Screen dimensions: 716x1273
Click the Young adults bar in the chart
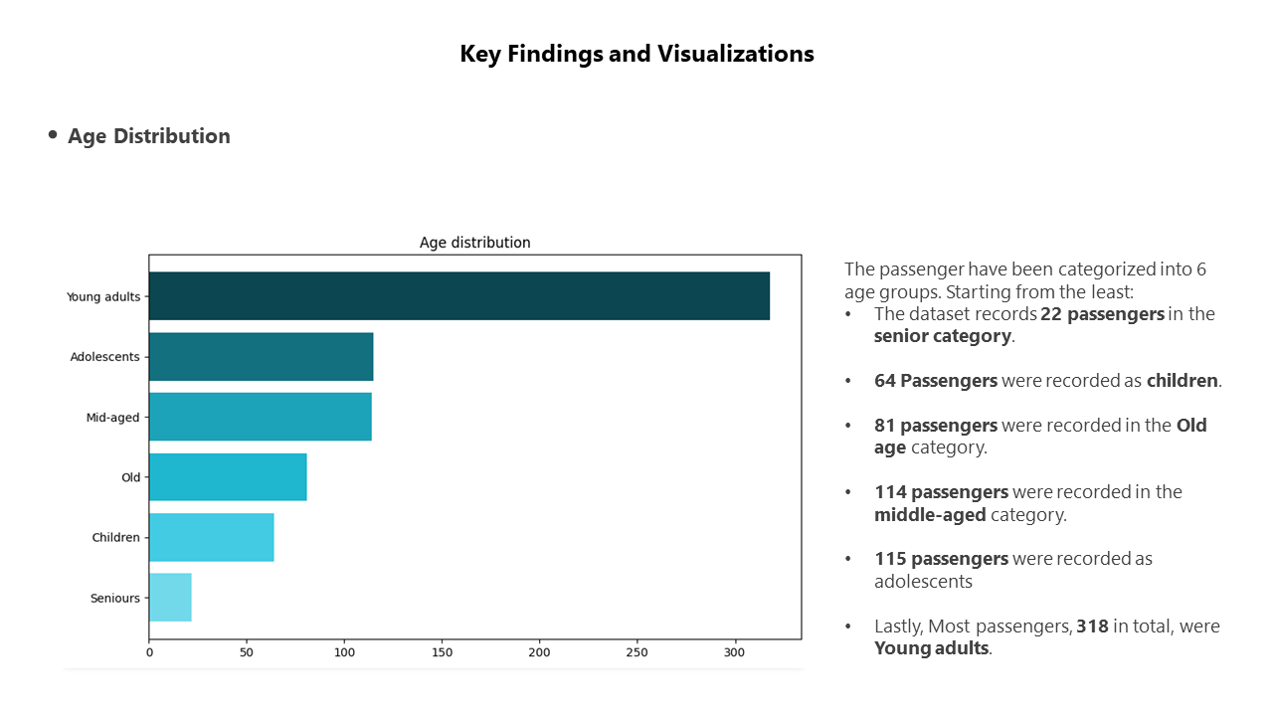tap(458, 296)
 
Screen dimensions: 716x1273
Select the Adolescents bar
tap(261, 357)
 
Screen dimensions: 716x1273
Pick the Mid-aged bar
tap(260, 417)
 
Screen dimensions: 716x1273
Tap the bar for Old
tap(228, 477)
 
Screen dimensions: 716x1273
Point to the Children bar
tap(211, 537)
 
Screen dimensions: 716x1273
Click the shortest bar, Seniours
tap(170, 598)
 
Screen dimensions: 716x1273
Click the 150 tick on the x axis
tap(443, 653)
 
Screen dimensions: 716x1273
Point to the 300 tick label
tap(735, 653)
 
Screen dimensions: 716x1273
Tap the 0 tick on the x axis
tap(149, 653)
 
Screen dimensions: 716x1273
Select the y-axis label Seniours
tap(115, 599)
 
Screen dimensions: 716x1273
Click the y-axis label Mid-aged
tap(112, 418)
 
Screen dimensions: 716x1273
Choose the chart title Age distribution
tap(474, 243)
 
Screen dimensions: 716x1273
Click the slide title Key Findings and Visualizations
tap(636, 54)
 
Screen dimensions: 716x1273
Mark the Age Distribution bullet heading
tap(149, 136)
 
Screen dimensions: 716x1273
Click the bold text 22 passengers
tap(1102, 314)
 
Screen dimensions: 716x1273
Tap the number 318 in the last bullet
tap(1092, 626)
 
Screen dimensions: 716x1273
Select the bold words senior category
tap(942, 336)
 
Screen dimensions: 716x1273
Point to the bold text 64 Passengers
tap(935, 381)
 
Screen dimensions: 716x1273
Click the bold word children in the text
tap(1182, 381)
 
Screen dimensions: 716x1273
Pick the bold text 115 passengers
tap(941, 559)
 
